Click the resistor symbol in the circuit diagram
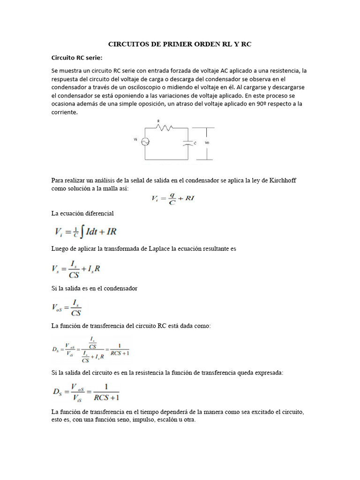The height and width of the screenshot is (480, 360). point(165,127)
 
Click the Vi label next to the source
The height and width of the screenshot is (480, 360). point(136,140)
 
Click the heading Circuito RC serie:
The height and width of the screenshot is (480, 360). point(76,58)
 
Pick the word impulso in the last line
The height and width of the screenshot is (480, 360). point(142,420)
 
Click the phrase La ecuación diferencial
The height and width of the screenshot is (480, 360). point(82,213)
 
